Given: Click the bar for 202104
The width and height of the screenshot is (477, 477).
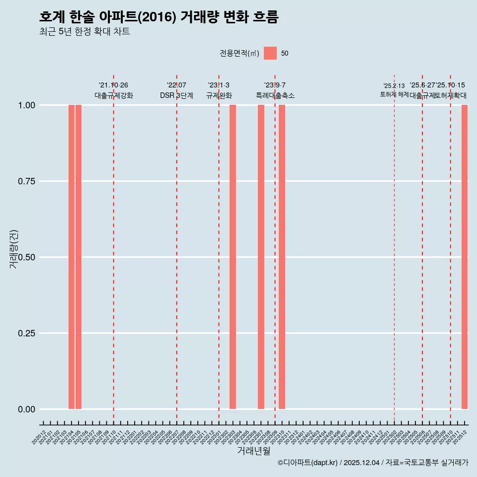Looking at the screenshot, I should pyautogui.click(x=72, y=257).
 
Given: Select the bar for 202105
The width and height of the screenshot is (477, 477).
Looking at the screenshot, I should pyautogui.click(x=79, y=257).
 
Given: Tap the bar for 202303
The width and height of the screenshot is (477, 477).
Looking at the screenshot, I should pyautogui.click(x=233, y=257).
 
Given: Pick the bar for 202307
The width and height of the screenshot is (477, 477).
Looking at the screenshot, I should pyautogui.click(x=261, y=257).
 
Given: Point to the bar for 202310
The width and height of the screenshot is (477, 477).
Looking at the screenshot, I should pyautogui.click(x=282, y=257).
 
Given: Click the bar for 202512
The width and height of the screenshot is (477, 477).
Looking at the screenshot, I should pyautogui.click(x=465, y=257).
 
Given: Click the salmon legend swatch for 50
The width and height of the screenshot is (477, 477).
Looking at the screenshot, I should pyautogui.click(x=270, y=53).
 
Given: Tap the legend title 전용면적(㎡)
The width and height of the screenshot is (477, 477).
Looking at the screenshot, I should pyautogui.click(x=239, y=53).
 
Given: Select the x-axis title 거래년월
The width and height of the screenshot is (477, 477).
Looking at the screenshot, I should pyautogui.click(x=253, y=451).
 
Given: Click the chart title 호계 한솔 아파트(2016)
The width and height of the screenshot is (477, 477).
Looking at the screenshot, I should pyautogui.click(x=159, y=17).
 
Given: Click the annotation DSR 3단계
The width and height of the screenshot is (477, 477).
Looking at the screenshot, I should pyautogui.click(x=176, y=95).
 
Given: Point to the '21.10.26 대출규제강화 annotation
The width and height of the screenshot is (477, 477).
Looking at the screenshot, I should pyautogui.click(x=114, y=90).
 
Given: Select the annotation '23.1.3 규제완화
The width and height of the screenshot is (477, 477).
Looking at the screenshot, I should pyautogui.click(x=219, y=90).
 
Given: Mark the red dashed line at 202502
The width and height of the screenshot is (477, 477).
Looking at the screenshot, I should pyautogui.click(x=394, y=248).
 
